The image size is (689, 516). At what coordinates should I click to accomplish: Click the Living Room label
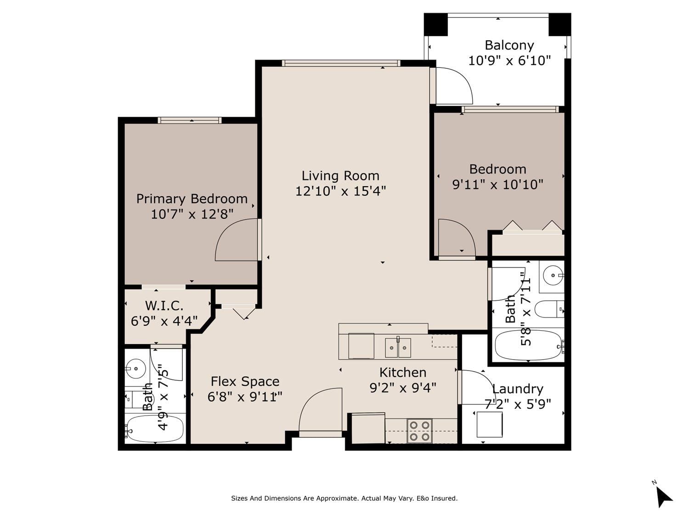[340, 176]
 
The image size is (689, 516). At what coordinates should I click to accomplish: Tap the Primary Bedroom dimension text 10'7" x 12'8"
[192, 214]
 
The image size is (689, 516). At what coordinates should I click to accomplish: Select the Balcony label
[509, 45]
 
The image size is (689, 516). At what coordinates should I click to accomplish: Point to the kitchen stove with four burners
[419, 431]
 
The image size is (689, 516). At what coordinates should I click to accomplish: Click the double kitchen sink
[398, 348]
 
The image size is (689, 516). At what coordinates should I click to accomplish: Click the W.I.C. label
[164, 305]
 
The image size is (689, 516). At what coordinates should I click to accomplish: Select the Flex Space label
[245, 381]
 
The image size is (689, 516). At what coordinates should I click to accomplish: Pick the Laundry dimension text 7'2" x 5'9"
[518, 404]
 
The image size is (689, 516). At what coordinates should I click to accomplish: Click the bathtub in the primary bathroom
[155, 428]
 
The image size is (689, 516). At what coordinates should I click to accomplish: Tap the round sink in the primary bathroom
[136, 369]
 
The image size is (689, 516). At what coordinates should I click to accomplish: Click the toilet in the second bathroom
[549, 309]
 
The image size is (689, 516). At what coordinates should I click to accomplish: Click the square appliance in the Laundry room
[489, 425]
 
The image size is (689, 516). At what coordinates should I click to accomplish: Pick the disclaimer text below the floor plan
[344, 498]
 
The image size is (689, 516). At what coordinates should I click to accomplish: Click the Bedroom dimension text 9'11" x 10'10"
[497, 184]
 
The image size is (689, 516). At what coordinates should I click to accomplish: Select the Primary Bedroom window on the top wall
[190, 120]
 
